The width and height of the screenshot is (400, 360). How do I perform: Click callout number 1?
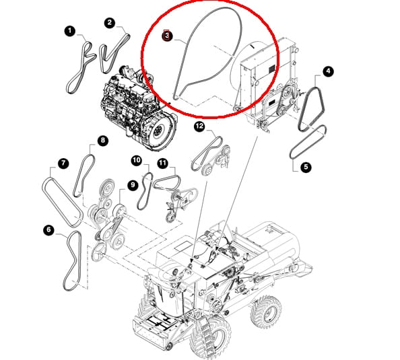pos(69,31)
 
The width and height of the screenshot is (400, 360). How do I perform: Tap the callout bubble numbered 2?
pos(110,23)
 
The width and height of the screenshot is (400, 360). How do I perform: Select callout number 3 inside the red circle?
pos(167,36)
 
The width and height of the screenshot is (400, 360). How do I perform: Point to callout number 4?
pos(328,71)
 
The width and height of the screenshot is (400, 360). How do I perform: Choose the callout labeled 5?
pos(306,168)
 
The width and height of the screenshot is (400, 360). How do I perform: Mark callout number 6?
pos(48,230)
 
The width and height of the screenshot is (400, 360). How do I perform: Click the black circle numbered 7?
pos(63,163)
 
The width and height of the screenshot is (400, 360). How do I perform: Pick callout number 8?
pos(103,141)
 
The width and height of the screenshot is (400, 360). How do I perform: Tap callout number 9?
pos(133,185)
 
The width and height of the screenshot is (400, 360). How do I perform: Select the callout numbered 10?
pos(137,160)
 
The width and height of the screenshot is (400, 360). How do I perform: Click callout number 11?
pos(162,163)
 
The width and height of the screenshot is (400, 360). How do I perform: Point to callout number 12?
pos(199,127)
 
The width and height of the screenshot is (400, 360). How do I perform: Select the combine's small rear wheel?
pos(266,312)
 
